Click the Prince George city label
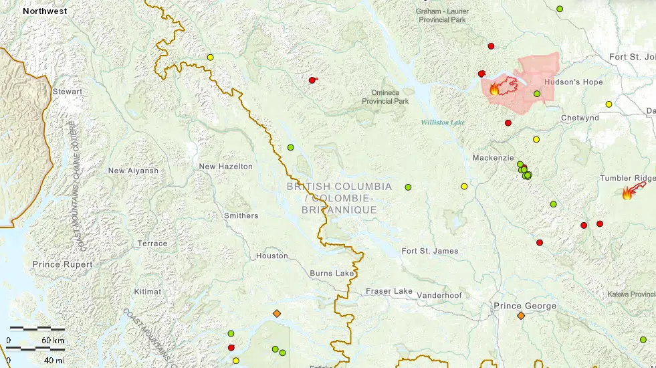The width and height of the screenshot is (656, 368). [524, 306]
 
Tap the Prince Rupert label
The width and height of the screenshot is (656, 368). [63, 265]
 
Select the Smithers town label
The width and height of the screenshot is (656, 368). [241, 215]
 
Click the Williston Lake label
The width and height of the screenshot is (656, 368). [442, 122]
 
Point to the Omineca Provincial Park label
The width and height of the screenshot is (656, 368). [385, 97]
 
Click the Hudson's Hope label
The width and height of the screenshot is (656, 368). [573, 82]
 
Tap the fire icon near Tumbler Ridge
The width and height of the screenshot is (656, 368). [627, 194]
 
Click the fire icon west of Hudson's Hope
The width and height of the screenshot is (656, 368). [494, 89]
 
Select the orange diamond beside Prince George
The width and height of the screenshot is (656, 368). [521, 316]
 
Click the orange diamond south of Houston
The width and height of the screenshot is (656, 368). [277, 313]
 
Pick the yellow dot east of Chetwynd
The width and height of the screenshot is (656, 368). [609, 104]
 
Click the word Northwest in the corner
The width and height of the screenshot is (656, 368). [44, 11]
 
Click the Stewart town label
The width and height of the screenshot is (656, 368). [68, 92]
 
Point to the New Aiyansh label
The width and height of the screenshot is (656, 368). [133, 171]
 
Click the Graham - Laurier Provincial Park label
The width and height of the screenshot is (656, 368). [441, 16]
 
